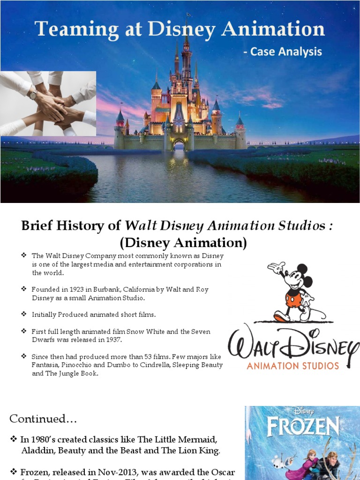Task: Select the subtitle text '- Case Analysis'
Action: [x=282, y=52]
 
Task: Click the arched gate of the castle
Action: [x=179, y=145]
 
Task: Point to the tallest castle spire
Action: [x=187, y=37]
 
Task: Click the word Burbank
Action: [x=104, y=290]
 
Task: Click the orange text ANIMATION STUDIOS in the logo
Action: [x=292, y=365]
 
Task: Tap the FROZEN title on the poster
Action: [x=303, y=427]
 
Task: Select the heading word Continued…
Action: [x=43, y=419]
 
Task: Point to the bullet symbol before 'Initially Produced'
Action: [x=24, y=314]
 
